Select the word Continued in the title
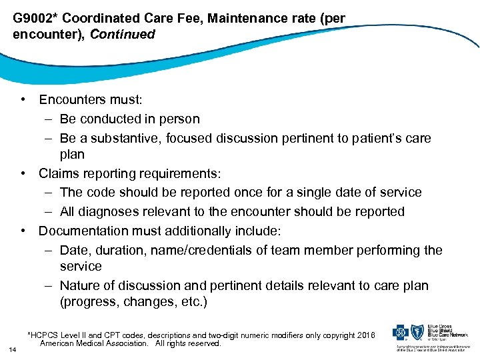click(x=122, y=34)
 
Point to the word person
click(x=178, y=119)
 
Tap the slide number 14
click(x=13, y=349)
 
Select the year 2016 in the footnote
click(x=366, y=335)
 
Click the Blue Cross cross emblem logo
click(x=402, y=333)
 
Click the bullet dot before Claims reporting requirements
click(x=24, y=173)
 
